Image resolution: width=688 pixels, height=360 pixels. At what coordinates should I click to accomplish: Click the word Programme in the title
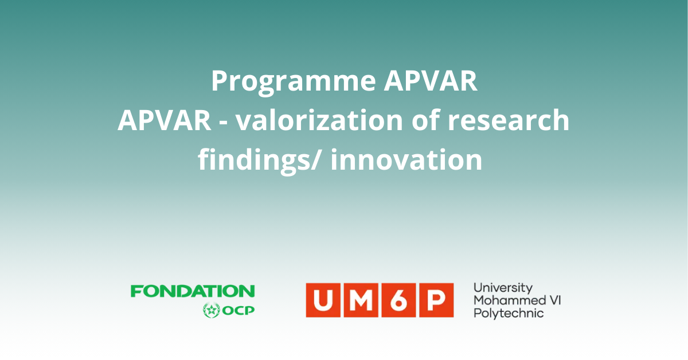coord(294,82)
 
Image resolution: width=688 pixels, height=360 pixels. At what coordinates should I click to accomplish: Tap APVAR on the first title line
coord(431,80)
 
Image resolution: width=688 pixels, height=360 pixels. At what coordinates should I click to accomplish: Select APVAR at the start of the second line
coord(165,120)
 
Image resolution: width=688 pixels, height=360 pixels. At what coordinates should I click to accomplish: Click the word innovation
coord(406,160)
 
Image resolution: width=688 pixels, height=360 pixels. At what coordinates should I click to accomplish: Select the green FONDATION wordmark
coord(193,291)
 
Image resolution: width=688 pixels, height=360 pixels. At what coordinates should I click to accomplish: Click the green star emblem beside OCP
coord(212,310)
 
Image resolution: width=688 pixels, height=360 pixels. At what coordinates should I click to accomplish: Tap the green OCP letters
coord(239,311)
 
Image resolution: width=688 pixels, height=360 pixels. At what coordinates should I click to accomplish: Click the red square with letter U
coord(323,300)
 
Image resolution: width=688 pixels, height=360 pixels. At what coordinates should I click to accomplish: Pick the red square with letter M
coord(361,300)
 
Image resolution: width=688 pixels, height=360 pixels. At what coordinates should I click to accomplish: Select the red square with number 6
coord(398,300)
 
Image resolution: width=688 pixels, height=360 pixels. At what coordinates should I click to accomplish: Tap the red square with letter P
coord(436,300)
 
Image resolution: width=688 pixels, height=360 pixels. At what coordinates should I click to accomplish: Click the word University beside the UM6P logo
coord(503,288)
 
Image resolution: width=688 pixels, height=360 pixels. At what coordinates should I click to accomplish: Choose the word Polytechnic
coord(509,314)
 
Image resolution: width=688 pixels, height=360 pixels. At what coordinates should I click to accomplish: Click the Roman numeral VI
coord(556,300)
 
